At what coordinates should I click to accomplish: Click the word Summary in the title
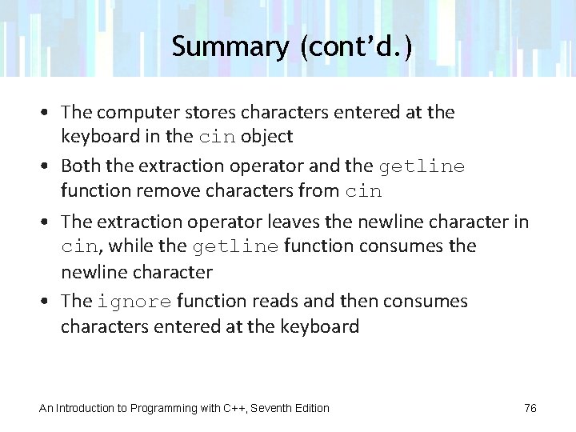click(x=229, y=46)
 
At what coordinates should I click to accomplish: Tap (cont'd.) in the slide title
click(x=357, y=46)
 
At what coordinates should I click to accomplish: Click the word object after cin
click(x=267, y=137)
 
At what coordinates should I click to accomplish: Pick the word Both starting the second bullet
click(x=78, y=166)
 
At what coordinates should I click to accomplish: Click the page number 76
click(x=530, y=408)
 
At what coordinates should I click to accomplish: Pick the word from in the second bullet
click(x=321, y=191)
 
